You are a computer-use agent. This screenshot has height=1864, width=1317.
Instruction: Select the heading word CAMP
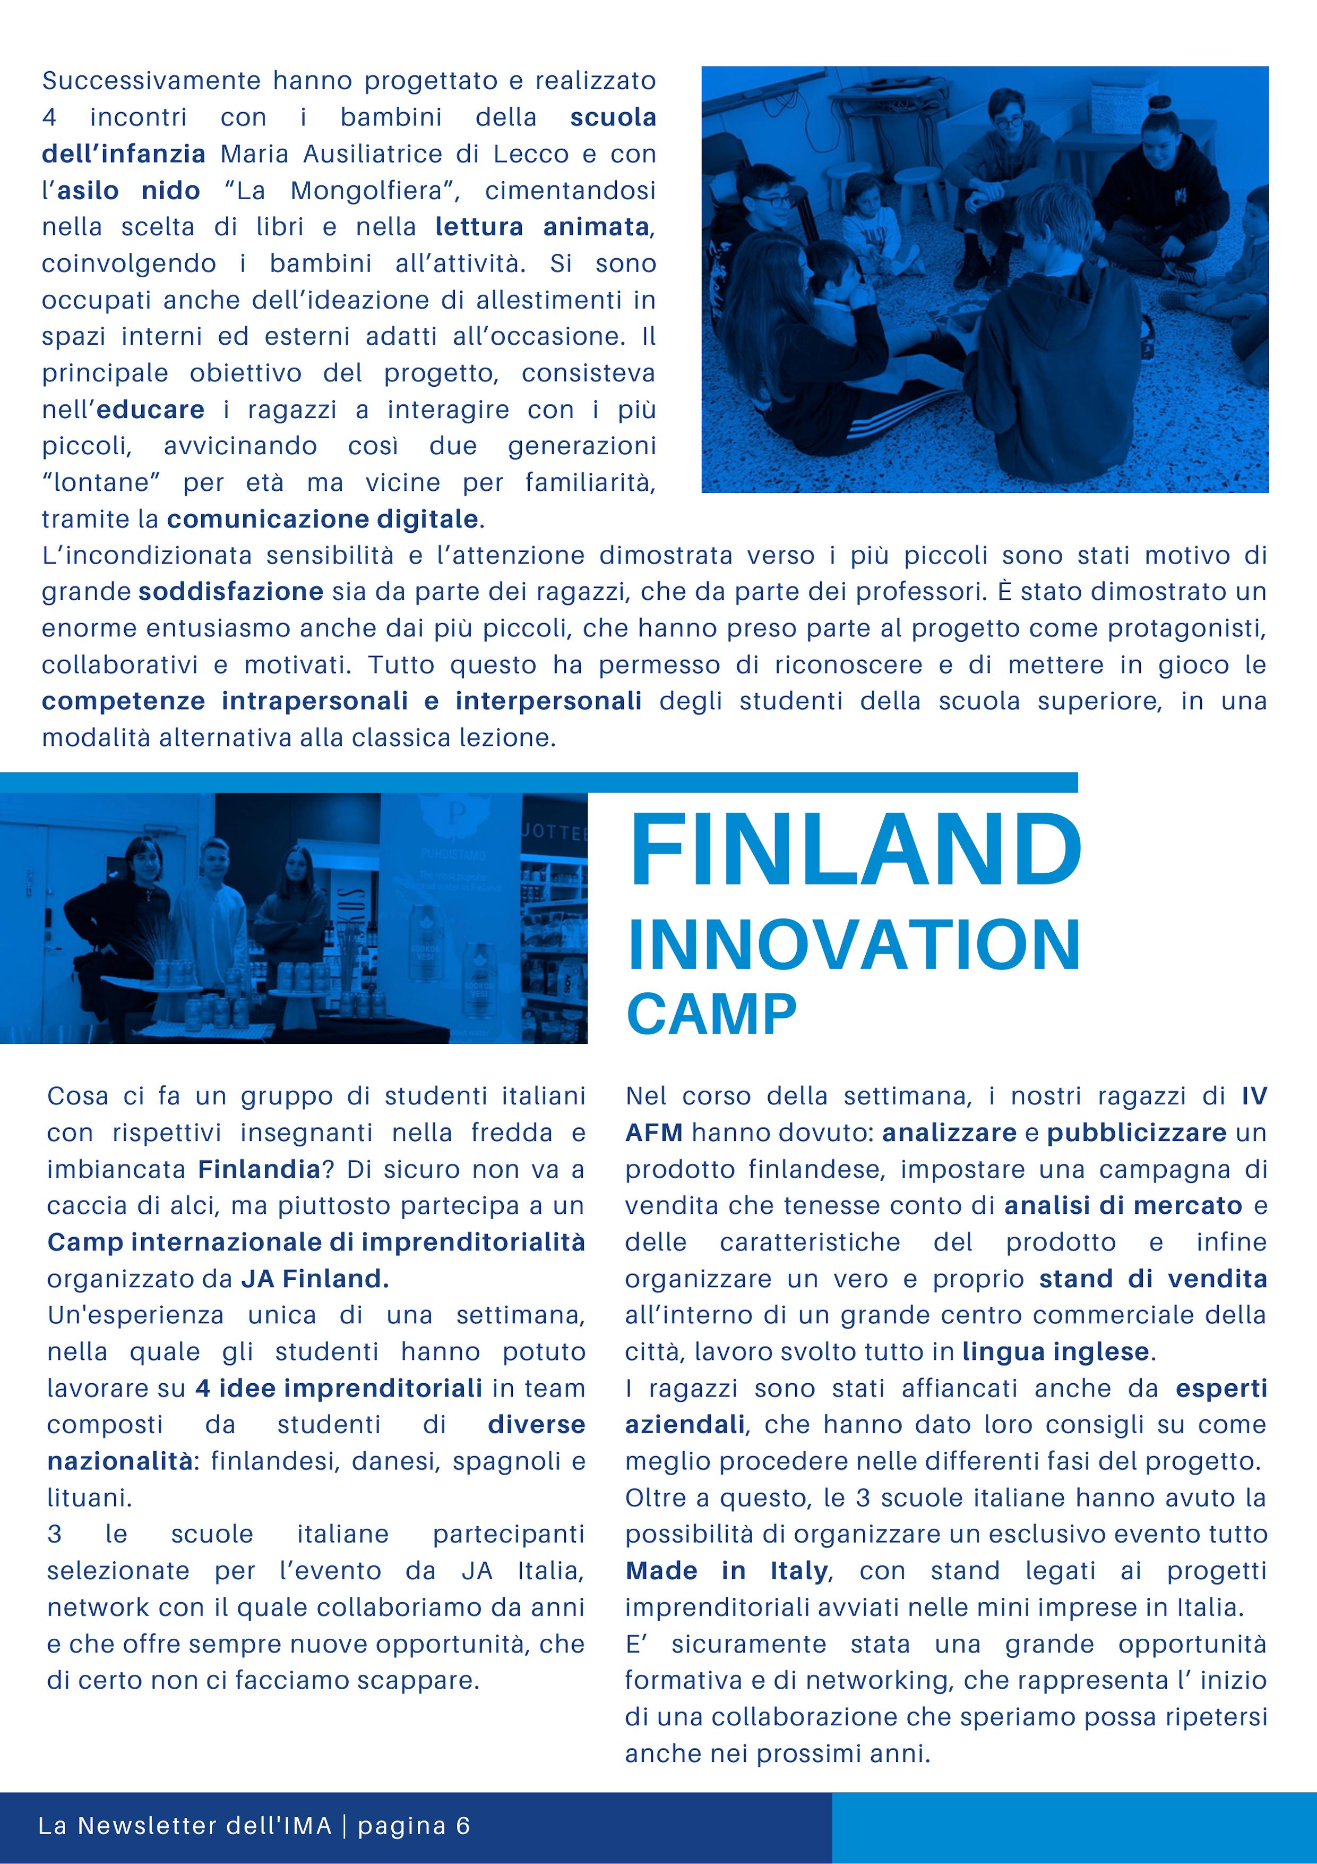tap(712, 1014)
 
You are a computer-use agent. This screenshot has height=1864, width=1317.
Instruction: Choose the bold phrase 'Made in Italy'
tap(727, 1571)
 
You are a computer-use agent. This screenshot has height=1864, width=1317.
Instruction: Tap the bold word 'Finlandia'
tap(260, 1169)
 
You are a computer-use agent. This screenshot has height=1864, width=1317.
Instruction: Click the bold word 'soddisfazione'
tap(231, 591)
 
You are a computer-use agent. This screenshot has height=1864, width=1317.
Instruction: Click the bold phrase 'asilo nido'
tap(128, 190)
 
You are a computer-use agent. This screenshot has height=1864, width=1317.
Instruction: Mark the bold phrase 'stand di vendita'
tap(1152, 1279)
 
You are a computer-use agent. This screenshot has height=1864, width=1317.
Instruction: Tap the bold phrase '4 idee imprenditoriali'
tap(339, 1388)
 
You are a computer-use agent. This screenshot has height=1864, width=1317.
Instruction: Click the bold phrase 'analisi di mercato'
tap(1123, 1206)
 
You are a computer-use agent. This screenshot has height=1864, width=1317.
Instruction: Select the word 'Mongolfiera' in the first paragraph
tap(367, 190)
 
